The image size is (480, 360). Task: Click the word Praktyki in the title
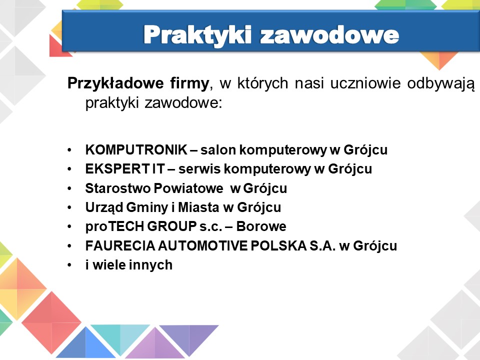click(x=197, y=35)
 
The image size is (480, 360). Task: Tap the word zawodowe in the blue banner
click(x=329, y=35)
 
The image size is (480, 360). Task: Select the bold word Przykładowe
click(x=115, y=83)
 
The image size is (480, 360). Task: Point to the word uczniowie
click(x=365, y=83)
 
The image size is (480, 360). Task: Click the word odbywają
click(x=441, y=84)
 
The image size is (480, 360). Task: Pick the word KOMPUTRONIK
click(x=136, y=149)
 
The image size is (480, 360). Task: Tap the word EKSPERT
click(x=117, y=168)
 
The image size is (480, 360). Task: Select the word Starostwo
click(x=117, y=188)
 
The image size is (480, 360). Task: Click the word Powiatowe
click(x=188, y=188)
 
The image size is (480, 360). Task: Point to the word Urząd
click(x=104, y=207)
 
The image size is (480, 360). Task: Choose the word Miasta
click(x=198, y=207)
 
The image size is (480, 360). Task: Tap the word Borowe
click(x=261, y=226)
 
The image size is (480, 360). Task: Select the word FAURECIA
click(x=120, y=246)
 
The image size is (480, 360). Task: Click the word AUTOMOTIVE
click(x=202, y=246)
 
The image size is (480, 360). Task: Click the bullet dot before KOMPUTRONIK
click(x=70, y=150)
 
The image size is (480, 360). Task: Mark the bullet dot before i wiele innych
click(x=70, y=265)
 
